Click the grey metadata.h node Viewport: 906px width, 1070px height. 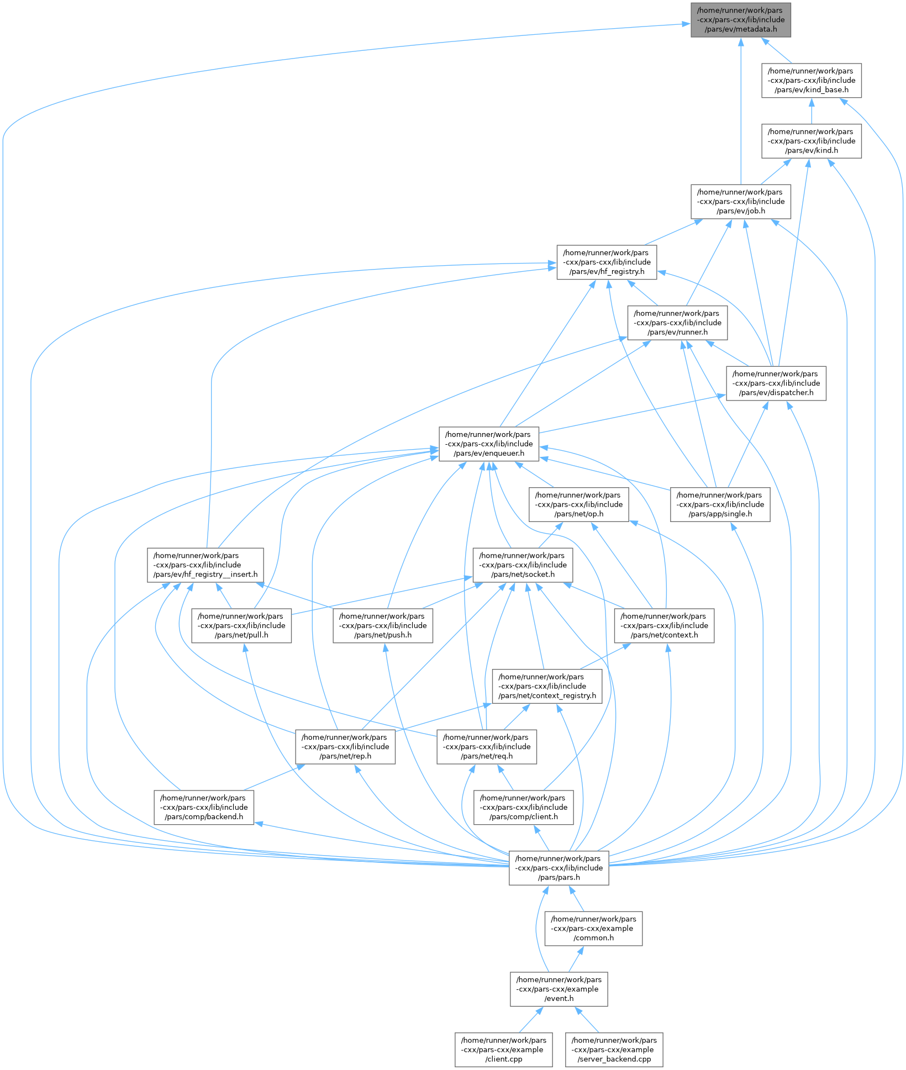point(740,20)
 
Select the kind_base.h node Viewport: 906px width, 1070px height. point(811,81)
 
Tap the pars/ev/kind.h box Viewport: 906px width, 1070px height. point(811,141)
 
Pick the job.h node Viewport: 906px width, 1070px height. point(740,202)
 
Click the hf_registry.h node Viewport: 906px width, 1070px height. point(607,262)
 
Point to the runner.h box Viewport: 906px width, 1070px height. point(677,323)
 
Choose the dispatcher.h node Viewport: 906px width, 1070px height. point(776,383)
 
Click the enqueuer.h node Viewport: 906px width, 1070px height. point(488,444)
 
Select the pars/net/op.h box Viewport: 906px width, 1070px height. point(578,505)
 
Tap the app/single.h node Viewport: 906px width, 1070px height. point(720,505)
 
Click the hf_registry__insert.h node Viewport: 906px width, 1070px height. point(205,565)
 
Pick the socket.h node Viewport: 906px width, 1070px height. point(522,565)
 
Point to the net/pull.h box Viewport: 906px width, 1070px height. point(241,626)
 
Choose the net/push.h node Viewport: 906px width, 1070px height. point(382,626)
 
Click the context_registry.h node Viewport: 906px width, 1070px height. point(547,687)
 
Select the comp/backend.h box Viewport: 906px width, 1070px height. point(203,808)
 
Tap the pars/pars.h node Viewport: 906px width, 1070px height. point(559,868)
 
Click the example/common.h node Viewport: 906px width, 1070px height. point(593,929)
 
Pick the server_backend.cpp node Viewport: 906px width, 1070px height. point(614,1050)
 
